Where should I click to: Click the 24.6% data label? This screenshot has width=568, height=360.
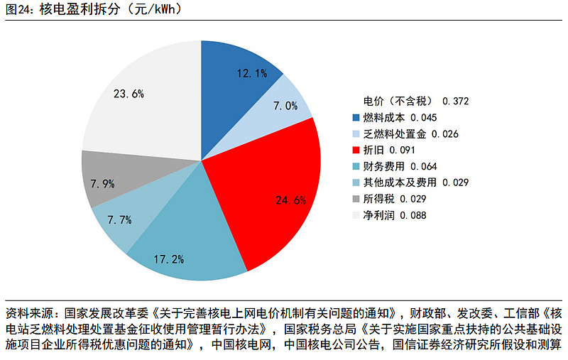click(x=290, y=200)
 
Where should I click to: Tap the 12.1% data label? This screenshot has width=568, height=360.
click(x=252, y=72)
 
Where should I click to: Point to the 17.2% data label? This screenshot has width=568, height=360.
click(x=168, y=259)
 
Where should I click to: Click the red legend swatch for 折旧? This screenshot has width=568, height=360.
click(x=356, y=150)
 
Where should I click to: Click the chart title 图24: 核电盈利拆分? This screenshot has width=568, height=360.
click(x=92, y=9)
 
